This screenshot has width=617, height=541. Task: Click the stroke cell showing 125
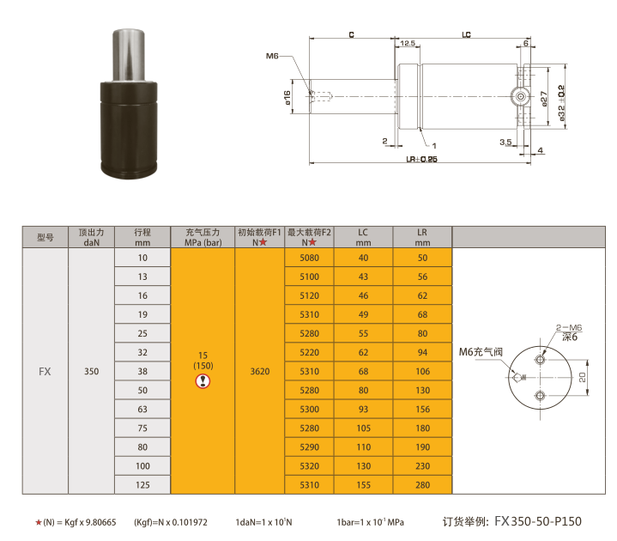(142, 484)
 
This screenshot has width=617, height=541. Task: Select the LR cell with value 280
(422, 484)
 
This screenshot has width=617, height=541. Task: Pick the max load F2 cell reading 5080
(309, 258)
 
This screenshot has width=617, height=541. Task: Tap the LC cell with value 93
(363, 409)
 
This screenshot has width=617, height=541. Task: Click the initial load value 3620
(260, 371)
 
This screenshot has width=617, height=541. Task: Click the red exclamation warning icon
(203, 381)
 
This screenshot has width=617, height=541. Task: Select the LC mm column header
(363, 237)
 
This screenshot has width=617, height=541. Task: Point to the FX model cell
(45, 371)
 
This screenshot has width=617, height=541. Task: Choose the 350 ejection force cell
(91, 371)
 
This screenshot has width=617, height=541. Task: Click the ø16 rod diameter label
(287, 98)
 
